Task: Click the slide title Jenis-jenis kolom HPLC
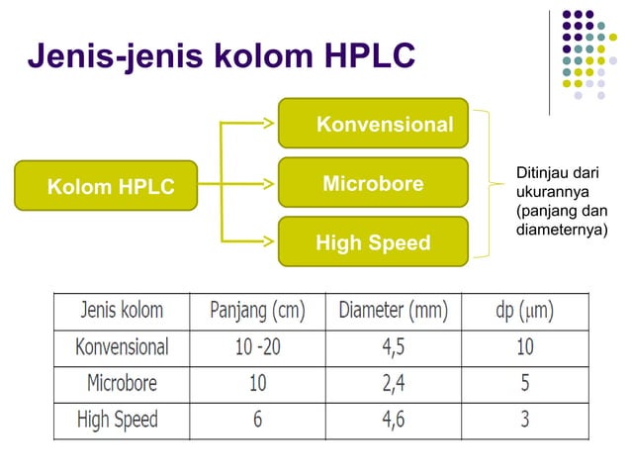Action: pos(221,56)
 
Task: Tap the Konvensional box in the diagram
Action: pos(373,124)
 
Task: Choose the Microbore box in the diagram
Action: pos(373,184)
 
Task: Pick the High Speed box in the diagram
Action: pos(373,242)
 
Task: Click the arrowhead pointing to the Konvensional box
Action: pos(271,124)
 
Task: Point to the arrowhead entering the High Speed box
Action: pos(271,240)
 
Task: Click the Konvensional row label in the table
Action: pos(122,347)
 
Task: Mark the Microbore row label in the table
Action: pos(122,383)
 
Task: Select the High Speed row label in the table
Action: pos(118,419)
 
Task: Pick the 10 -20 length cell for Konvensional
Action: pos(257,347)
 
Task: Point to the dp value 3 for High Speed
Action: pos(524,419)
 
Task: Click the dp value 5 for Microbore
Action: pos(524,383)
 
